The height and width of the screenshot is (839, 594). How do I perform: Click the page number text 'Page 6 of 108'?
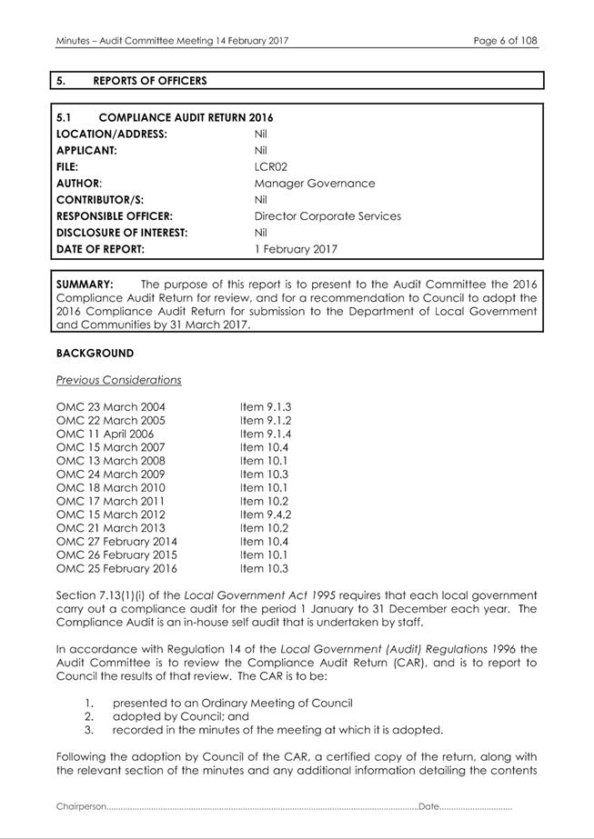506,41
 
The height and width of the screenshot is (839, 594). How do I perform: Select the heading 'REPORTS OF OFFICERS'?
149,81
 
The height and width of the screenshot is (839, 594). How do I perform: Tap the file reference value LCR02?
271,167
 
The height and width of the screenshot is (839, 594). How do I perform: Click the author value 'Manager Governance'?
314,184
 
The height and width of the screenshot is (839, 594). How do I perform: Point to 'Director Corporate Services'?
327,216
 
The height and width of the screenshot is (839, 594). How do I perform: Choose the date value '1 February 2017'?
296,249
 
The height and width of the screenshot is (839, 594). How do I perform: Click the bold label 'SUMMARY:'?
85,285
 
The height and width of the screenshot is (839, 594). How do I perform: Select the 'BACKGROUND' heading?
95,354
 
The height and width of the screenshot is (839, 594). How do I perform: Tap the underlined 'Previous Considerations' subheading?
118,380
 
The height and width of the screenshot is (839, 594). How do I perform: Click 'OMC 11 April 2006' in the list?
105,434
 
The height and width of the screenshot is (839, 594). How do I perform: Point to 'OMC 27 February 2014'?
116,542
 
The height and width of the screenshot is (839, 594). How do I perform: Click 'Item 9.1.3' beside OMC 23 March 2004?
266,407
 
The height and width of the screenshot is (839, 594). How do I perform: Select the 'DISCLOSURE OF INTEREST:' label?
122,233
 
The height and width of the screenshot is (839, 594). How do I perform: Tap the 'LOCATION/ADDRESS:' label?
111,135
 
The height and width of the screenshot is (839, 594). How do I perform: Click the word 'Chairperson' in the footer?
81,806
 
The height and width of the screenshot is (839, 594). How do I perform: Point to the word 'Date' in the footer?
428,806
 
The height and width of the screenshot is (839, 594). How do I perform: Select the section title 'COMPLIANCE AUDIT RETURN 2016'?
186,118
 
